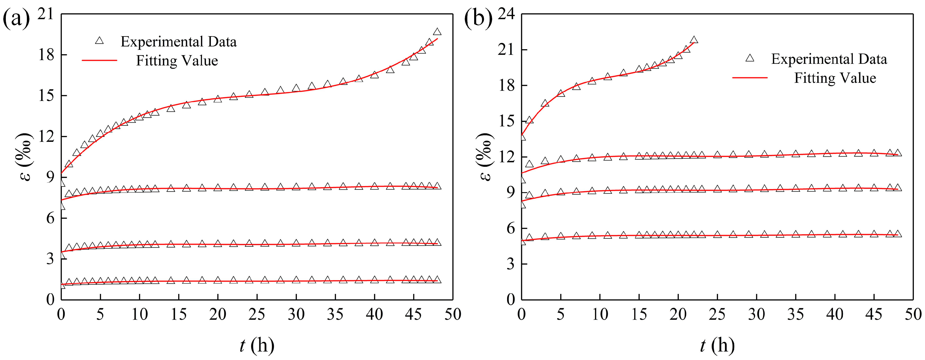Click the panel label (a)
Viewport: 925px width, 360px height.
click(x=16, y=19)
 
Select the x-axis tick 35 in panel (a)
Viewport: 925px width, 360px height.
click(x=335, y=315)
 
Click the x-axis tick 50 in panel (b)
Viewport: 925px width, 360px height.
click(x=912, y=315)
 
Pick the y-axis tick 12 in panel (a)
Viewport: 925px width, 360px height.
click(x=46, y=137)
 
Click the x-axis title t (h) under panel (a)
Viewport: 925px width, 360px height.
click(x=257, y=345)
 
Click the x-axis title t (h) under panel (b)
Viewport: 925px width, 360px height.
click(x=717, y=345)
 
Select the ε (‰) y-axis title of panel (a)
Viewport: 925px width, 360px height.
click(x=26, y=157)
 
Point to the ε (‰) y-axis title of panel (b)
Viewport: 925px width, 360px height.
click(x=486, y=157)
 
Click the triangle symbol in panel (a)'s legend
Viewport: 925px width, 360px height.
click(x=99, y=41)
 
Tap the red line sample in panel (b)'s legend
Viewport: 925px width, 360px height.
click(x=750, y=78)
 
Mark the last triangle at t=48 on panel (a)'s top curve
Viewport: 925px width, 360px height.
click(x=437, y=32)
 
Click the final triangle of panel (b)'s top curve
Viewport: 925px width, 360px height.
click(x=694, y=40)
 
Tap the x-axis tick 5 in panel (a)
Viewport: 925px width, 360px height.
click(x=100, y=315)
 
